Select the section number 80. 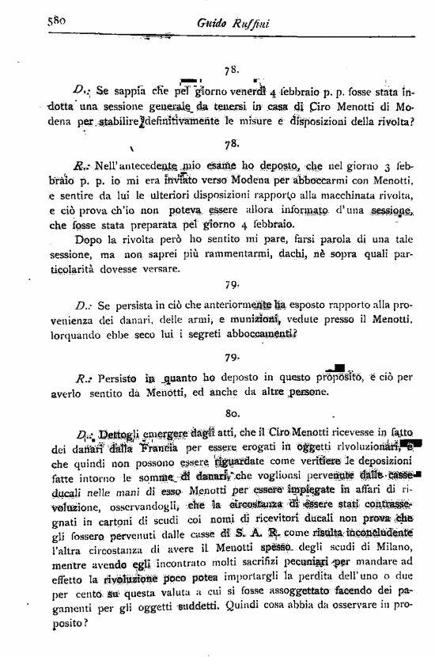click(233, 412)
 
